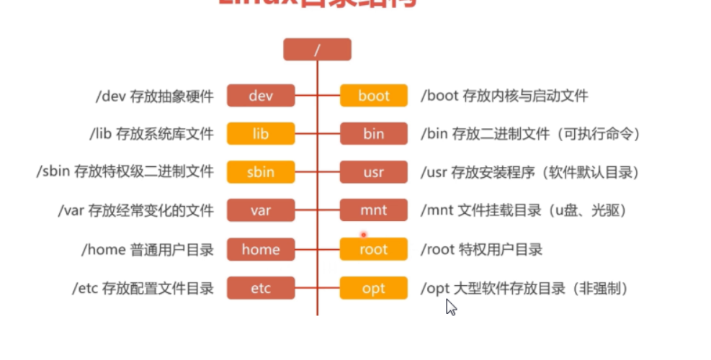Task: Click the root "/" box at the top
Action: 317,50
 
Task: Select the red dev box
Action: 261,96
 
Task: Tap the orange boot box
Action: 373,96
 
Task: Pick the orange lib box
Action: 261,134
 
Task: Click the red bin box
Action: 373,134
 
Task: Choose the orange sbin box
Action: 261,172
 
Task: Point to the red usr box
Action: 373,172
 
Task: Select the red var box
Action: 261,211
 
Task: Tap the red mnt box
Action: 373,211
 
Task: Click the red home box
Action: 261,250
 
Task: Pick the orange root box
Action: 373,250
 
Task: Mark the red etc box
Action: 261,289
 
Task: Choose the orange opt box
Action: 373,289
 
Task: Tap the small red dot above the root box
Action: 363,234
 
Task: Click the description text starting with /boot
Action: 504,96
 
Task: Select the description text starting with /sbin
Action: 125,172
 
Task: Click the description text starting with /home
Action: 148,250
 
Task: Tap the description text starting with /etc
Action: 143,289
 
